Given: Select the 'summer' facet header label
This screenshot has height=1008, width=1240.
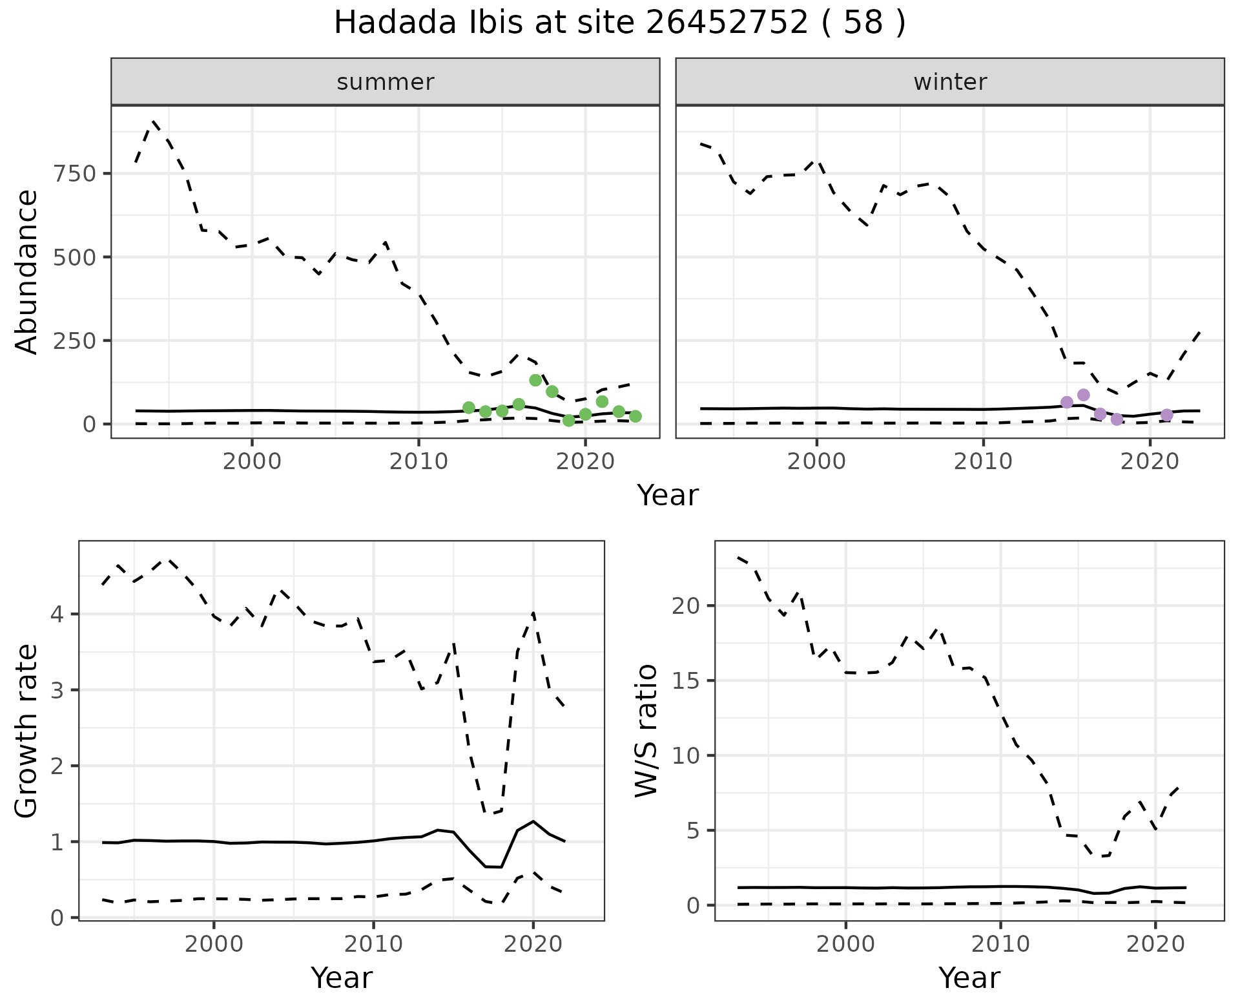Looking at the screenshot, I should (x=385, y=82).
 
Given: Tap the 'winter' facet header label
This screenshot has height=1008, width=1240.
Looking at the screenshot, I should (x=949, y=82).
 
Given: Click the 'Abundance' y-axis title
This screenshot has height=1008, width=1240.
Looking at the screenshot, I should (x=26, y=271).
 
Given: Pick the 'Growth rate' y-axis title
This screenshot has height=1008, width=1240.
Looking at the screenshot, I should (x=26, y=731).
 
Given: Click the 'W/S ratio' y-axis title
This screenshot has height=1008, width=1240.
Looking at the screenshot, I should (x=646, y=731).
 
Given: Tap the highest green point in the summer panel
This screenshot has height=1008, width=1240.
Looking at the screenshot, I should (x=535, y=380).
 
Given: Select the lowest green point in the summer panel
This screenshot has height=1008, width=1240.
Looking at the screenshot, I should (x=568, y=421).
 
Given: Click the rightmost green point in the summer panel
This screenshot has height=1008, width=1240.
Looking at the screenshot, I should (x=635, y=416).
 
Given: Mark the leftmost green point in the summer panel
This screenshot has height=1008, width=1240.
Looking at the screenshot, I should (x=469, y=408).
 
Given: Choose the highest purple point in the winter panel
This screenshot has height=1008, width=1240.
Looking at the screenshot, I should (x=1084, y=395).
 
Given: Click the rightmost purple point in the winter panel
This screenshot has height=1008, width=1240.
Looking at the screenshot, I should (x=1166, y=415).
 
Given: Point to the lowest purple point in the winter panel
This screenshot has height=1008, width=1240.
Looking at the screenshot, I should (x=1117, y=419).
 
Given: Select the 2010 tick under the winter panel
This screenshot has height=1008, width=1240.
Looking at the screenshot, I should (x=983, y=461).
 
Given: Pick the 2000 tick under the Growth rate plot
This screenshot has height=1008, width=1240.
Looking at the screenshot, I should (x=214, y=944).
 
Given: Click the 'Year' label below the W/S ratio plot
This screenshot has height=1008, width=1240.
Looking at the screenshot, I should (x=969, y=978).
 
